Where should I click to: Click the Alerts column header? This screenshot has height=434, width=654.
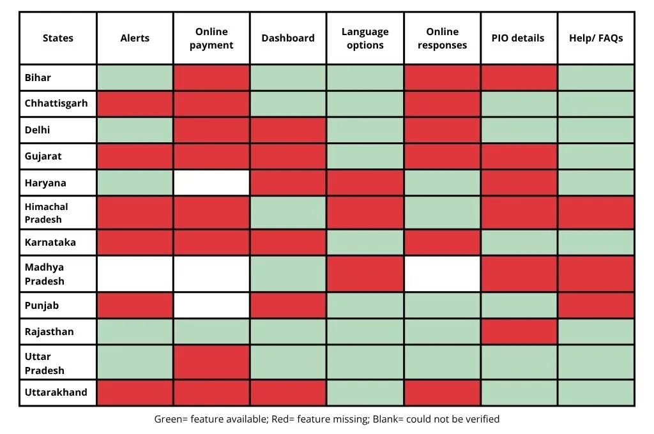click(135, 38)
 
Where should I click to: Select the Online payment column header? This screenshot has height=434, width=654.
click(211, 38)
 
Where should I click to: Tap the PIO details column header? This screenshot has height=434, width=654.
click(518, 38)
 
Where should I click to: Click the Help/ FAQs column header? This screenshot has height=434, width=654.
click(595, 38)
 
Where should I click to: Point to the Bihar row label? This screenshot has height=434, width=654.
click(38, 78)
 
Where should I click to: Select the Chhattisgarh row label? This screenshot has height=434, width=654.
click(56, 103)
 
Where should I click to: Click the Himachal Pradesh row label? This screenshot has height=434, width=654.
click(46, 213)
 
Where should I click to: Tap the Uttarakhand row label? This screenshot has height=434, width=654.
click(56, 393)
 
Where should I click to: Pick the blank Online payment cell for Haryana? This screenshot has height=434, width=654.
click(211, 183)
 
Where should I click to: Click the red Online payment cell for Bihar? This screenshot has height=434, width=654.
click(211, 78)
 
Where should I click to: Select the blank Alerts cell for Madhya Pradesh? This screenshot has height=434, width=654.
click(135, 273)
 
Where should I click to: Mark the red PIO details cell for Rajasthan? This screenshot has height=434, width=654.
click(518, 332)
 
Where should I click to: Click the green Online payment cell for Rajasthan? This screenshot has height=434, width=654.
click(211, 332)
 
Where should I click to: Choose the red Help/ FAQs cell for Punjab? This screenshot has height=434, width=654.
click(595, 305)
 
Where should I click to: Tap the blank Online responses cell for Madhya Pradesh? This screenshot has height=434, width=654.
click(442, 273)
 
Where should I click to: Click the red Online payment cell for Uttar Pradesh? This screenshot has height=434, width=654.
click(211, 363)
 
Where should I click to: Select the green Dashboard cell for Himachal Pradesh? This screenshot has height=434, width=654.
click(288, 213)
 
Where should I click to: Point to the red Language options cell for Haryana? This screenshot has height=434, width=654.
click(365, 183)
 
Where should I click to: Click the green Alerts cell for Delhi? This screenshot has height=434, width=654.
click(135, 130)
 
